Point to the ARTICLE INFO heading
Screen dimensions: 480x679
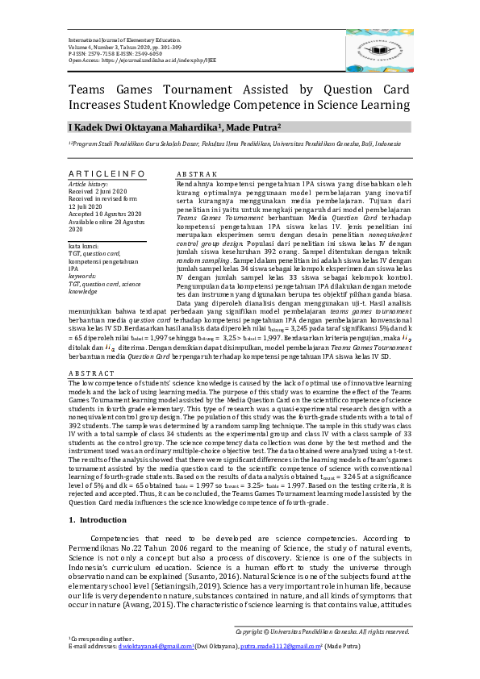[107, 173]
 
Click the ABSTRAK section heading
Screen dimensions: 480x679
[196, 173]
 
